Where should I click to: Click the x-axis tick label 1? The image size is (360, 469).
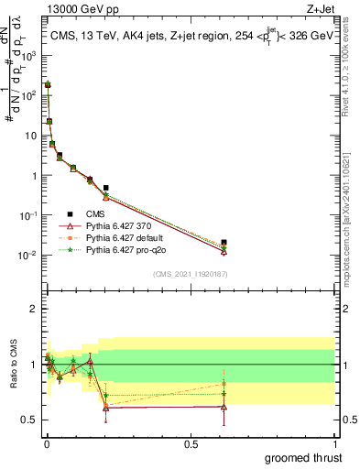pos(335,442)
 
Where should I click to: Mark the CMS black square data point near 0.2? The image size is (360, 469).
pos(106,188)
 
